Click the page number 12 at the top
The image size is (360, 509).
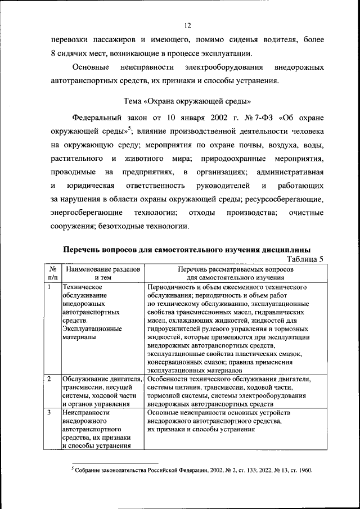(187, 25)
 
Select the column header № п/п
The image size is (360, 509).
(52, 273)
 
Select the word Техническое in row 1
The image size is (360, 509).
(82, 287)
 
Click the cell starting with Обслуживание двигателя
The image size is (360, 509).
(101, 391)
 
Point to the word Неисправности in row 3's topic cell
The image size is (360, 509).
(85, 412)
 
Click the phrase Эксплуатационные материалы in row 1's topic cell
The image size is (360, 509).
(91, 332)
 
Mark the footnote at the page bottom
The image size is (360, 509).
(192, 470)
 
